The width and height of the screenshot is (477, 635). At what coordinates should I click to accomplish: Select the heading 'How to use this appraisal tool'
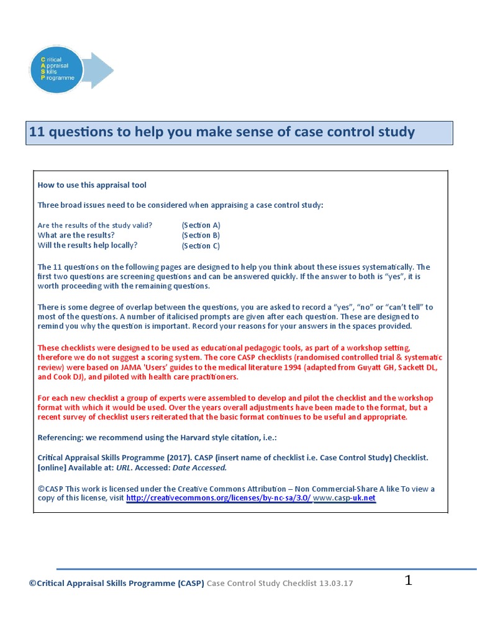coord(92,185)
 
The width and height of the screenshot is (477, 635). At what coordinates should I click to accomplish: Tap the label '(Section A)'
coord(201,225)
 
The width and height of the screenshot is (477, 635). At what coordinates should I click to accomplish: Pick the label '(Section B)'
coord(201,235)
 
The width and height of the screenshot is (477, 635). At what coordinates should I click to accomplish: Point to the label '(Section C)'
coord(201,246)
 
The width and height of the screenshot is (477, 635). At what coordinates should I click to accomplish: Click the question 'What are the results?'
coord(76,235)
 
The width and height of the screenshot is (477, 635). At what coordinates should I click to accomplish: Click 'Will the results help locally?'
coord(88,245)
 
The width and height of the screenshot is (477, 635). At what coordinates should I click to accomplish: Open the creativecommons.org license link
coord(219,498)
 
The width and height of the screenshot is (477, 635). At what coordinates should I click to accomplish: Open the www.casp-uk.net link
coord(345,498)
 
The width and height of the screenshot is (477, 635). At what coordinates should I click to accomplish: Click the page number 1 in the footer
coord(408,580)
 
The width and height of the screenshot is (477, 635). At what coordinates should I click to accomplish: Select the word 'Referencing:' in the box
coord(61,438)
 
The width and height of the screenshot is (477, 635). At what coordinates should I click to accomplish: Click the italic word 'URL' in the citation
coord(124,468)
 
